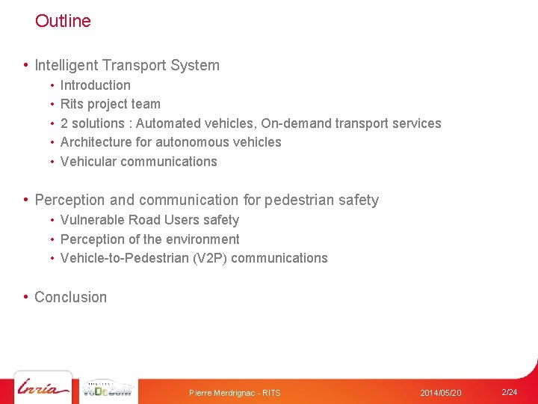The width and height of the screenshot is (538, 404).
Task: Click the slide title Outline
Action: point(63,21)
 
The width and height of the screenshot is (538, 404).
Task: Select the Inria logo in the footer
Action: point(43,389)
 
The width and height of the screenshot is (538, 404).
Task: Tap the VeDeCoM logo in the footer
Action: point(108,389)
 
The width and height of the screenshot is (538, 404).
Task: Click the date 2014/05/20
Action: point(441,393)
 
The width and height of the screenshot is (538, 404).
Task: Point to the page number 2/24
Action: point(509,392)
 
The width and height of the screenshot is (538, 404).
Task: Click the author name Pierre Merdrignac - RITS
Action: point(235,393)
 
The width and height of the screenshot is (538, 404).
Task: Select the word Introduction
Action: point(95,85)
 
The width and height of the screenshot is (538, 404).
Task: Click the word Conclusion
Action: point(70,297)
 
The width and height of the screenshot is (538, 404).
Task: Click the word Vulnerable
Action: point(92,220)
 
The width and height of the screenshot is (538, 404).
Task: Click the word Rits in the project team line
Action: point(72,104)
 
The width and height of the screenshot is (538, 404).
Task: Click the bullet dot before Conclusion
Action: point(26,297)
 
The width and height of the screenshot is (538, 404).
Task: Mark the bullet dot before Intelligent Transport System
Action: point(26,65)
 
